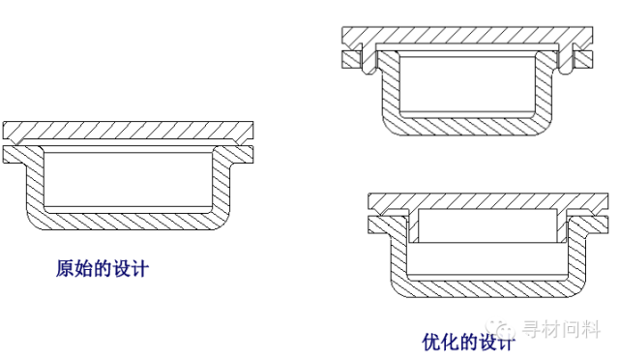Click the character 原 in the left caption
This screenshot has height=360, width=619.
65,269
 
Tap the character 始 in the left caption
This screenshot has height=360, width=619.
83,269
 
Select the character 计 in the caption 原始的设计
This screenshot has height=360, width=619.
139,269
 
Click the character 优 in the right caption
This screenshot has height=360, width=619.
431,342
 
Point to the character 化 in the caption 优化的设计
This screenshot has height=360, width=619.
450,342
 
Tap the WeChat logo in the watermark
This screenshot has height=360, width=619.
501,329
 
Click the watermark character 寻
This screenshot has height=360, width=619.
532,329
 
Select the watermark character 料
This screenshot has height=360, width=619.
591,329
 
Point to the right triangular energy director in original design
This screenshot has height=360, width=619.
237,141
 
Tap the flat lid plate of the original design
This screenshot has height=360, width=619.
128,131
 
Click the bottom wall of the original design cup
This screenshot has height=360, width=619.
128,222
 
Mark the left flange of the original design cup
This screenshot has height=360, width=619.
15,155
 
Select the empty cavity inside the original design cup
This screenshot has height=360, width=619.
129,180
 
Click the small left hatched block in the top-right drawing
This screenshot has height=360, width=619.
351,60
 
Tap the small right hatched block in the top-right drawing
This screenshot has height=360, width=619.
583,60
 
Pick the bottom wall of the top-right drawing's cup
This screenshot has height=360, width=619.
467,127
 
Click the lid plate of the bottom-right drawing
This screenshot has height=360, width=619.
487,200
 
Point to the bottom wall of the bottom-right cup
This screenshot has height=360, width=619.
487,289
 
